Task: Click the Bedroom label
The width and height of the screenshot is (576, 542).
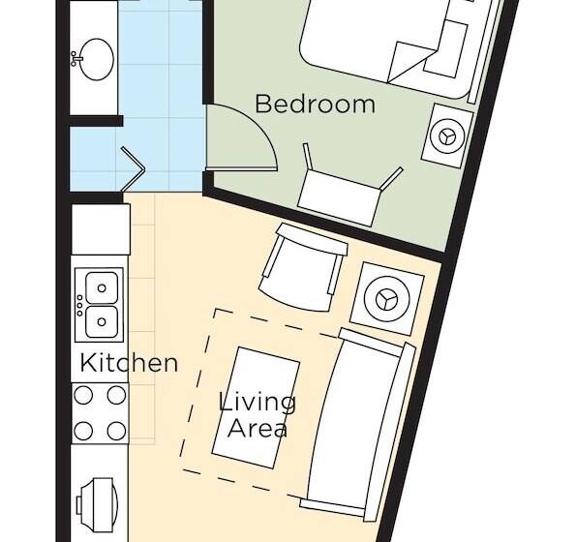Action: coord(315,104)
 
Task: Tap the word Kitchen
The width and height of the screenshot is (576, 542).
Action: coord(129,364)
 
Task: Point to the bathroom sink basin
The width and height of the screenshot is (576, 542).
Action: coord(94,60)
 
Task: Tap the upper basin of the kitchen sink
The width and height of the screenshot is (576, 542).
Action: coord(103,287)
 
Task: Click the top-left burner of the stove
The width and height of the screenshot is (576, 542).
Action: coord(84,395)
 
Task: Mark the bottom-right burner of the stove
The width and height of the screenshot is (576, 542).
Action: coord(116,429)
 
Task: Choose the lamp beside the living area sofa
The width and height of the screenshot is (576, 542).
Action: coord(387,295)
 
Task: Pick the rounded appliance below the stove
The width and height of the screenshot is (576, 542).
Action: coord(99,504)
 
